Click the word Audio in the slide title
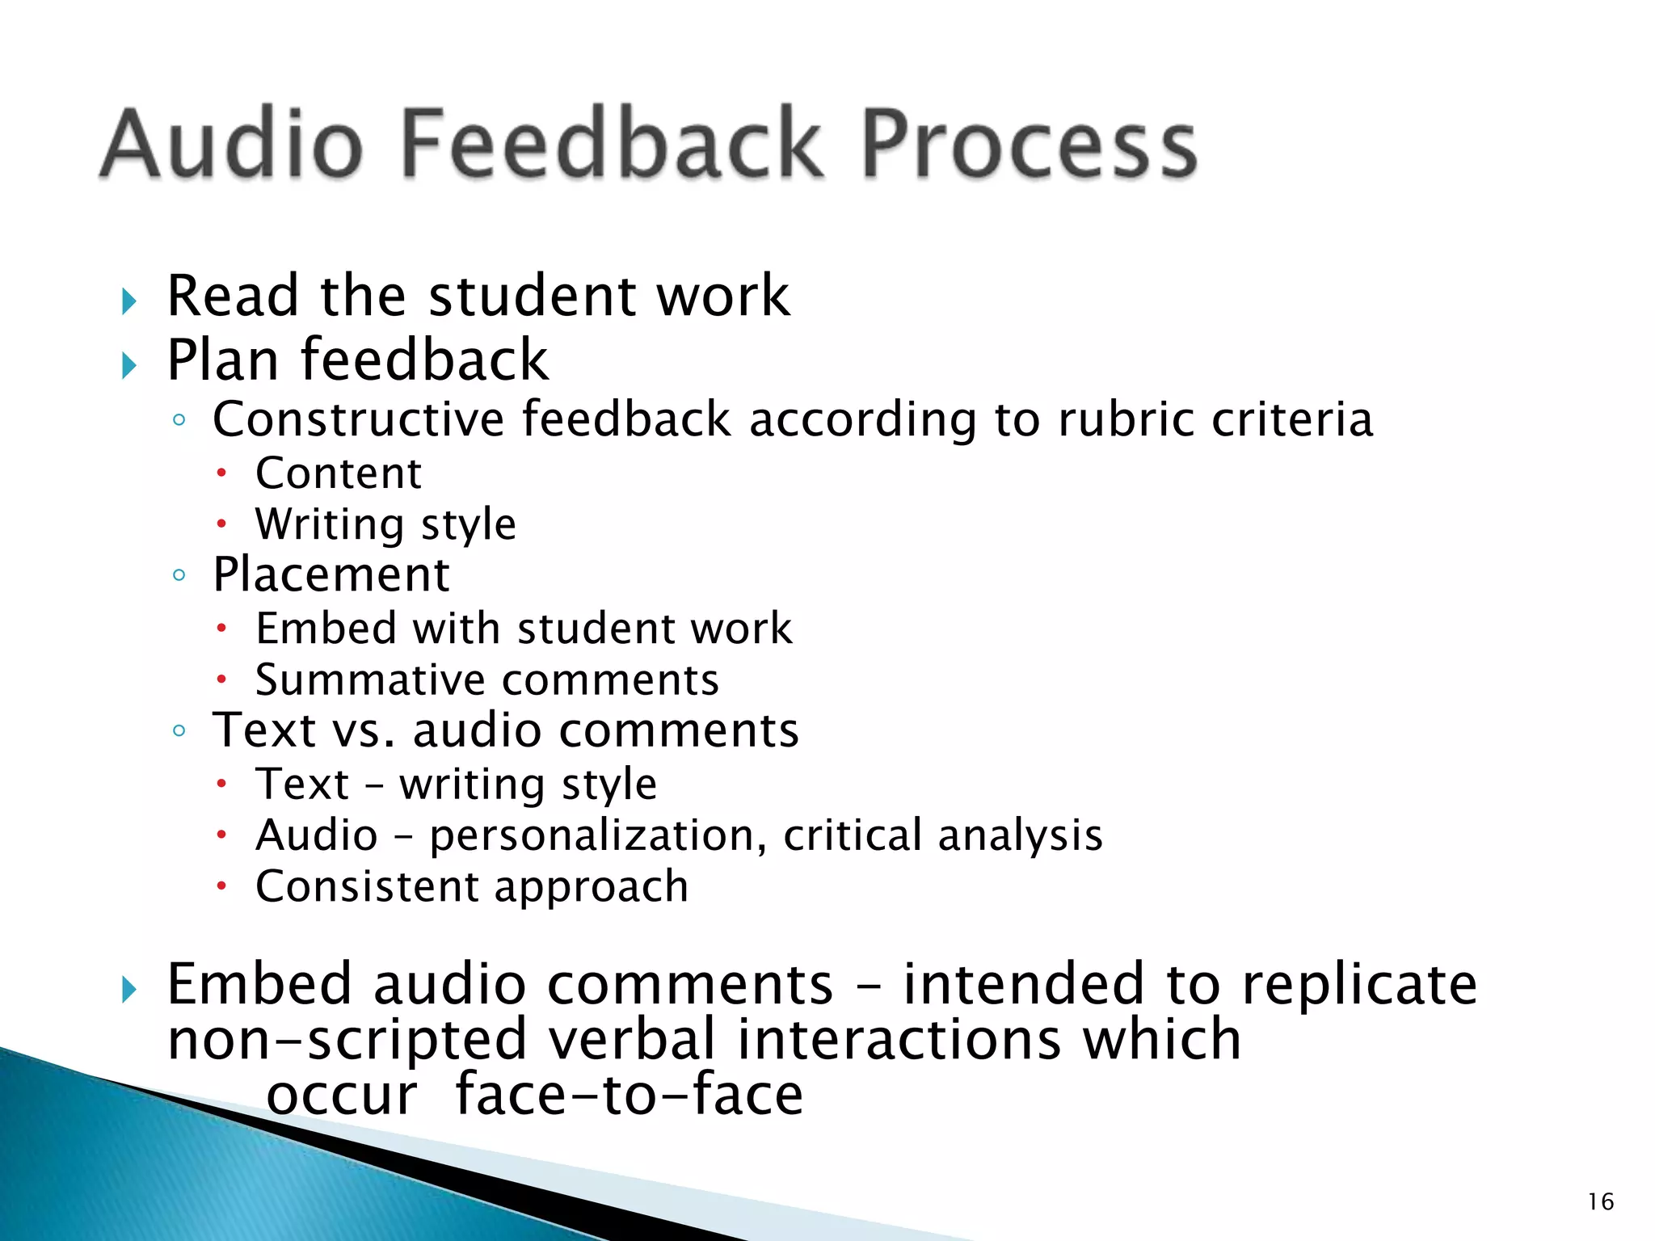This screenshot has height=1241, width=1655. [x=232, y=144]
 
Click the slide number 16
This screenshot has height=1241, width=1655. [x=1600, y=1201]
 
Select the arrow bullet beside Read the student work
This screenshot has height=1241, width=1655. [x=129, y=301]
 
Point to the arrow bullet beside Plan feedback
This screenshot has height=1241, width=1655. [x=129, y=366]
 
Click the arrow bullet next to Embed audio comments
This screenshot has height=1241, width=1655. [x=129, y=990]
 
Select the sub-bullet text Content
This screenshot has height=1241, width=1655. [x=339, y=473]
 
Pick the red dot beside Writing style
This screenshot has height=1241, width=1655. [x=221, y=524]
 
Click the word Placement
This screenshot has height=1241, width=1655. [x=331, y=575]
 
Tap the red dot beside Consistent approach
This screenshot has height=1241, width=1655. [x=221, y=887]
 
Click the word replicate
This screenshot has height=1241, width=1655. [x=1359, y=985]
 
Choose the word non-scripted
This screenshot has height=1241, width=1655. [x=347, y=1040]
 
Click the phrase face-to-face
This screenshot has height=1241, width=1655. [x=630, y=1095]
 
